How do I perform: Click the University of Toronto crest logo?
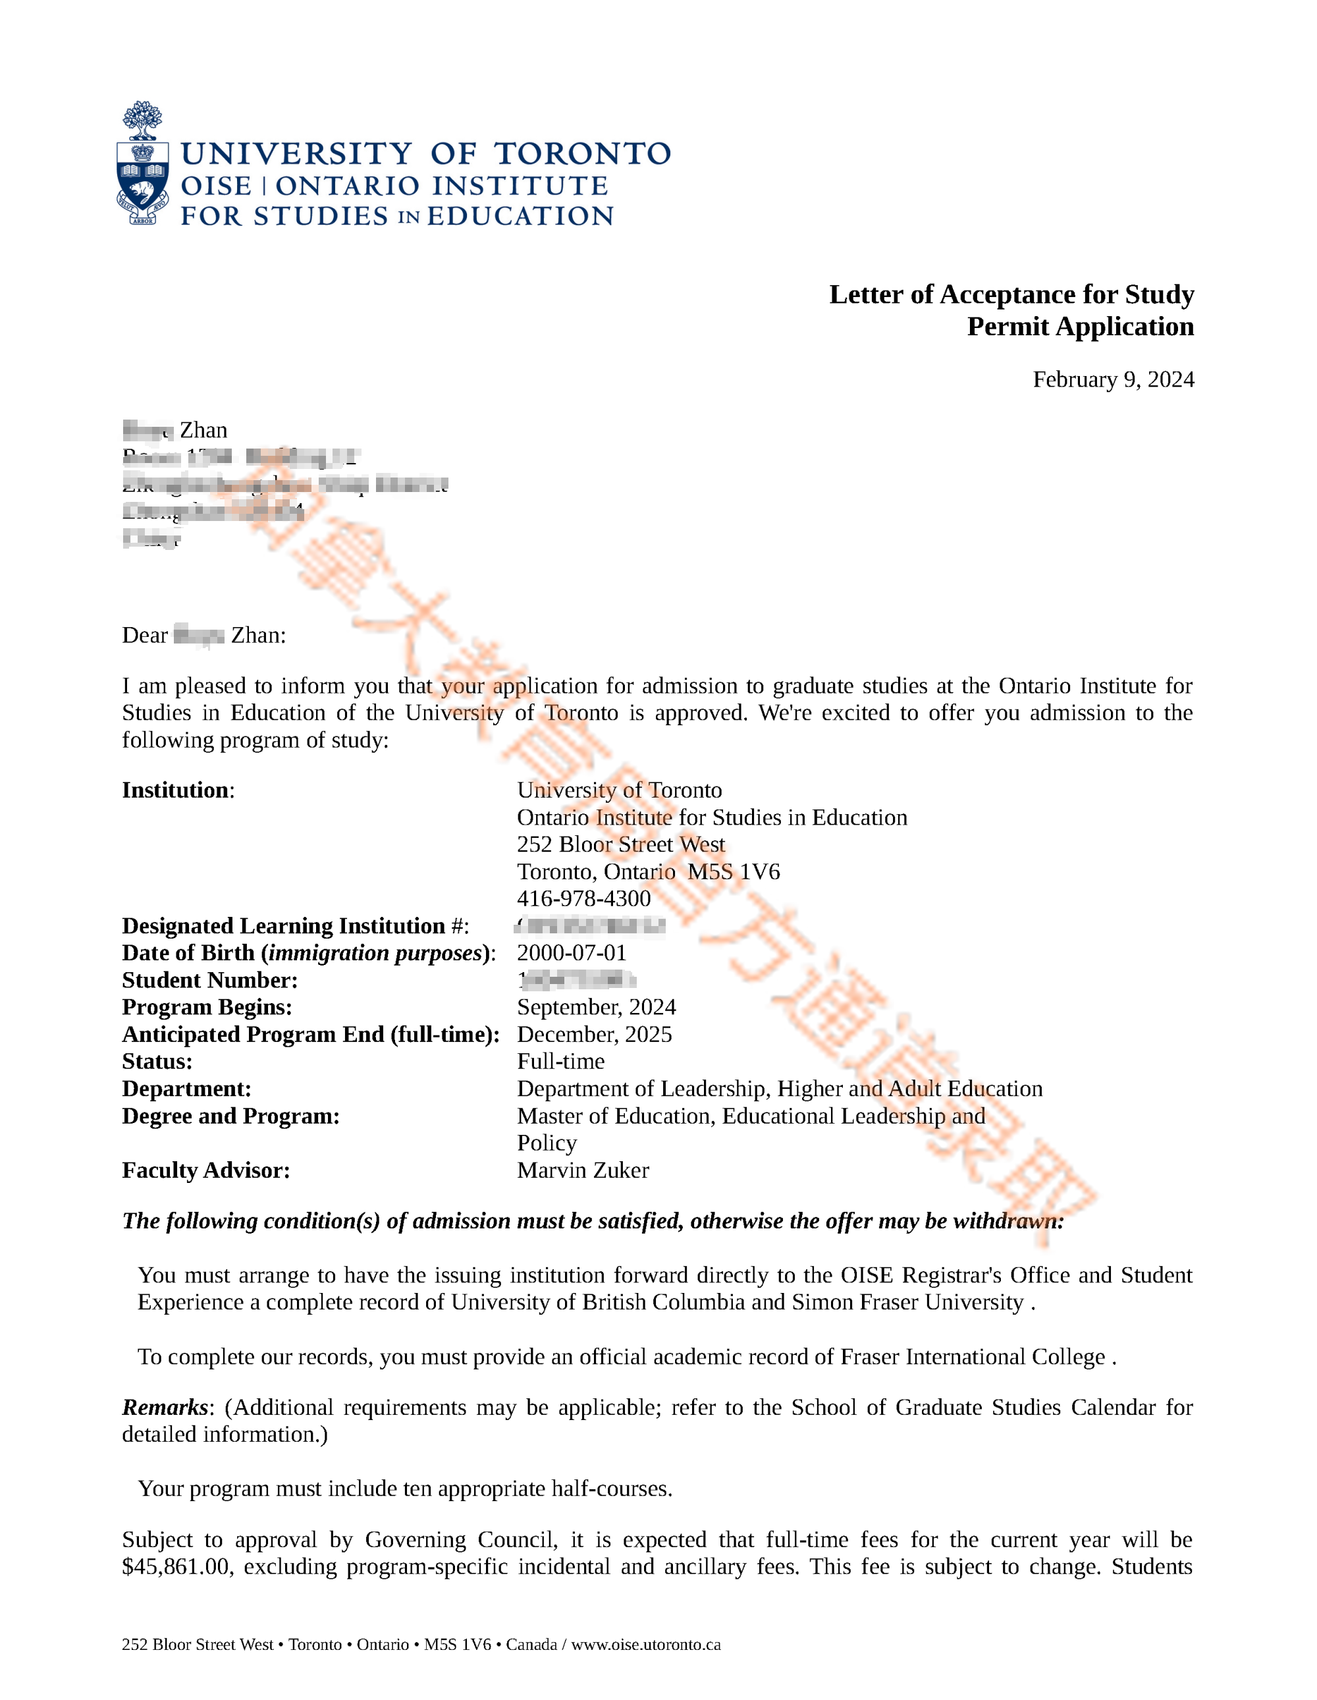pyautogui.click(x=142, y=163)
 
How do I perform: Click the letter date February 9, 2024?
pyautogui.click(x=1112, y=380)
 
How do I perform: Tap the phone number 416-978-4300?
pyautogui.click(x=584, y=898)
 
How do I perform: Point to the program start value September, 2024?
pyautogui.click(x=596, y=1007)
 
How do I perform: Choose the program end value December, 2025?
pyautogui.click(x=594, y=1035)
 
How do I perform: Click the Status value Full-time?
pyautogui.click(x=560, y=1062)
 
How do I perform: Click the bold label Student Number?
pyautogui.click(x=209, y=980)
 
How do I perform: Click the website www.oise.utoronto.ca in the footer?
pyautogui.click(x=645, y=1645)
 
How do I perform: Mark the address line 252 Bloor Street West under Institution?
pyautogui.click(x=620, y=844)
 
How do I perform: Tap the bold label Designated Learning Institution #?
pyautogui.click(x=295, y=925)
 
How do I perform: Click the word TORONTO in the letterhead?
pyautogui.click(x=582, y=154)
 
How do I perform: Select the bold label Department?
pyautogui.click(x=186, y=1089)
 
